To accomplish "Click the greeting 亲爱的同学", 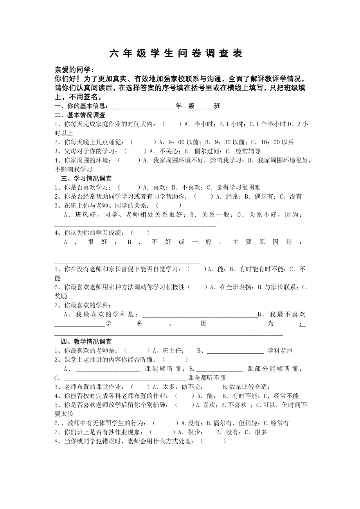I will [74, 70].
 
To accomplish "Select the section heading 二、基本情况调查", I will [80, 115].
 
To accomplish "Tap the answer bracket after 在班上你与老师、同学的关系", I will [169, 206].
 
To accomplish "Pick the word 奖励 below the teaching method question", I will [61, 296].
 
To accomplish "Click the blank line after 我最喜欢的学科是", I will [199, 315].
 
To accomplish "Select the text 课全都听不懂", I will [207, 378].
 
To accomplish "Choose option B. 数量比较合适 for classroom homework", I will [245, 387].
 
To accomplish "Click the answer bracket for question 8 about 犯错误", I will [213, 441].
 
